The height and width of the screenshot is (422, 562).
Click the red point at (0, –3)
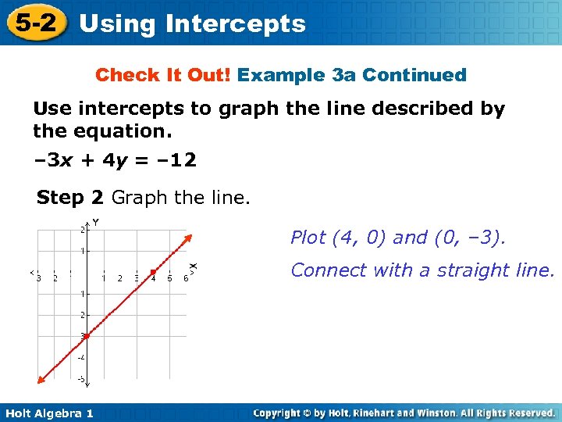(x=86, y=336)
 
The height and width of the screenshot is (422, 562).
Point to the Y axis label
(x=95, y=223)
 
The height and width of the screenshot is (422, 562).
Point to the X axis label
(x=194, y=267)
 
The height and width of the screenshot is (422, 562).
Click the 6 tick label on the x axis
(x=186, y=278)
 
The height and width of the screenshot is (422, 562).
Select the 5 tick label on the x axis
(x=169, y=278)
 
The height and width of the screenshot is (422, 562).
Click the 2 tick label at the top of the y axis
(x=82, y=230)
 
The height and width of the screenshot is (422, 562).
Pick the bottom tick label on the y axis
(x=81, y=378)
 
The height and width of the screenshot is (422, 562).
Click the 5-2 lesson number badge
(x=34, y=23)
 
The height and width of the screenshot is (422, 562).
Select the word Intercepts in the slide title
(x=235, y=23)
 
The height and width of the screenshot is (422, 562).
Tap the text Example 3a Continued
(x=351, y=75)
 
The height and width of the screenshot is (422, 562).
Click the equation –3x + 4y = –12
(x=116, y=160)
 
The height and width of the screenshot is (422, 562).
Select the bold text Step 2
(x=71, y=198)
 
